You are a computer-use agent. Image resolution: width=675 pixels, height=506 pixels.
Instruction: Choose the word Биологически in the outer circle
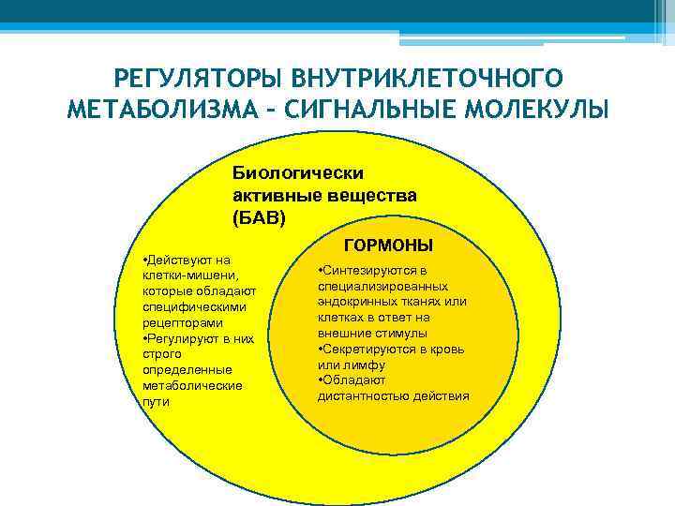[x=298, y=173]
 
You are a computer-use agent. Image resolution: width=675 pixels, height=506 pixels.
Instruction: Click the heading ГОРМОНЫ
[x=389, y=246]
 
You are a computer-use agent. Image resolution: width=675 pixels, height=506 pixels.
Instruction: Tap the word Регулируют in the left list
[x=180, y=337]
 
